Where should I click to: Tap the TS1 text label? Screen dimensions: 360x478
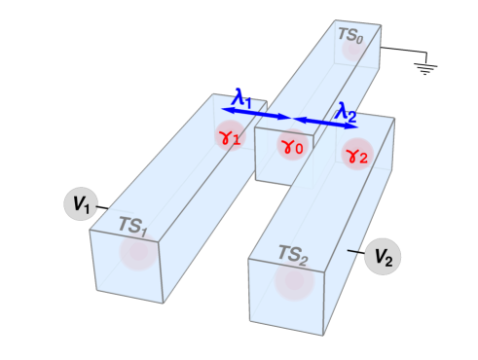pyautogui.click(x=132, y=226)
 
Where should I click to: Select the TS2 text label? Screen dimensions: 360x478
pyautogui.click(x=292, y=254)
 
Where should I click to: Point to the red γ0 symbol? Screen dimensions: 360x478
pyautogui.click(x=292, y=147)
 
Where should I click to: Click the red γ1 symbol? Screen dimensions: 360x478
pyautogui.click(x=230, y=137)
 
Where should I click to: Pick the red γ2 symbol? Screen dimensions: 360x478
pyautogui.click(x=357, y=154)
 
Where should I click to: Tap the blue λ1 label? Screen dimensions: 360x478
pyautogui.click(x=242, y=98)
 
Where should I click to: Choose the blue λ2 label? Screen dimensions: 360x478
pyautogui.click(x=346, y=111)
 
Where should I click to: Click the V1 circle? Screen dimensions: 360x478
pyautogui.click(x=81, y=204)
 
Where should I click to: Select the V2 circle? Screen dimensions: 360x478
pyautogui.click(x=383, y=258)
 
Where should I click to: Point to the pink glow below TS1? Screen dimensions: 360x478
pyautogui.click(x=136, y=252)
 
